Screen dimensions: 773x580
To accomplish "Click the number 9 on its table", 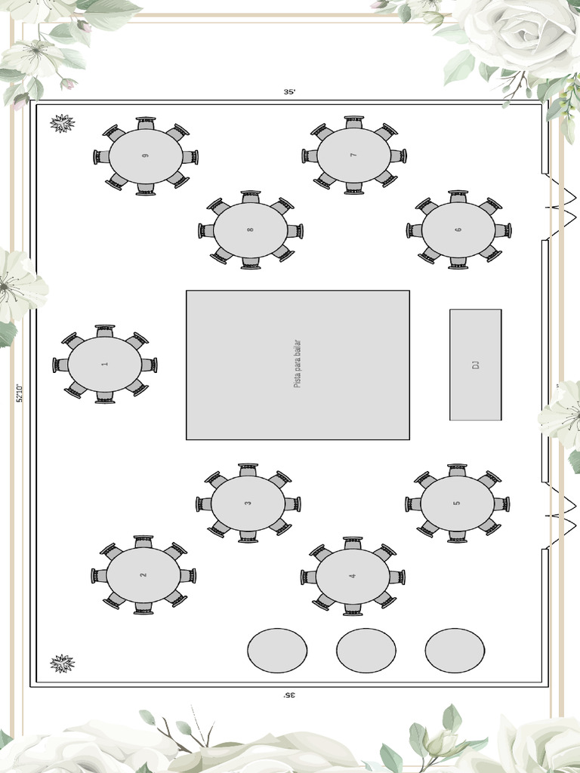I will coord(145,156).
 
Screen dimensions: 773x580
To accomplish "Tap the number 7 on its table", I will coord(353,156).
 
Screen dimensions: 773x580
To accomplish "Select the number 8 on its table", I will coord(250,229).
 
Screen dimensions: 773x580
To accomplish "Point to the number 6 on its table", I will coord(458,229).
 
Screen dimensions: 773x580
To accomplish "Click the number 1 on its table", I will coord(105,365).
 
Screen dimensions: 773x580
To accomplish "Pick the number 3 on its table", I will coord(248,504).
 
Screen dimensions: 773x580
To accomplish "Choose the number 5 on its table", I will coord(457,504).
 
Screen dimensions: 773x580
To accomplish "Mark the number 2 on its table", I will coord(143,575).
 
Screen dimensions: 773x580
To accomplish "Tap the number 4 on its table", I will coord(353,576).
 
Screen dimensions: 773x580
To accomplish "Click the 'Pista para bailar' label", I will coord(297,365).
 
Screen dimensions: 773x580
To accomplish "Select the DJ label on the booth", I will coord(476,365).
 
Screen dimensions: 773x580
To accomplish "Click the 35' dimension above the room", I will coord(289,92).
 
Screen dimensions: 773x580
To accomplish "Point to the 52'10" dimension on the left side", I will coord(20,393).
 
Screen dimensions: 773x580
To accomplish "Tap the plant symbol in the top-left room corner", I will coord(62,123).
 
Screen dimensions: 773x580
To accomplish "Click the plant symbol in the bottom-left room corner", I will coord(62,664).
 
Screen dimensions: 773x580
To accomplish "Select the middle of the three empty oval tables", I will coord(366,651).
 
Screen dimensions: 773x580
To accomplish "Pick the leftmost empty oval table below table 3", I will coord(277,651).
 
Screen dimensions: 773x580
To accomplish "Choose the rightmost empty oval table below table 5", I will coord(455,651).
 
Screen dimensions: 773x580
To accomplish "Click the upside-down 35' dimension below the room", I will coord(289,694).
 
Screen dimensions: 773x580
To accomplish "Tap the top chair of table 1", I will coord(105,331).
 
